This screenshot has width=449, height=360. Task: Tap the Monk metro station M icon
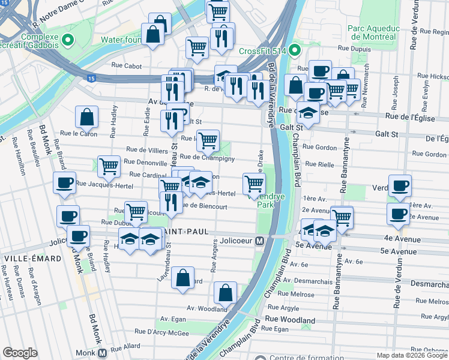102,353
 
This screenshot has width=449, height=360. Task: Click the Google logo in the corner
20,353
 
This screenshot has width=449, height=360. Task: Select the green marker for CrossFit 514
294,50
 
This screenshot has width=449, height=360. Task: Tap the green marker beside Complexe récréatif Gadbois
67,41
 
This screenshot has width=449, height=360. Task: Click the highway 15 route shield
91,78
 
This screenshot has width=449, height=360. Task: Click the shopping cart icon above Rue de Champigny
208,140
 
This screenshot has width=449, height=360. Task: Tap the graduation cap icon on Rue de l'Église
308,113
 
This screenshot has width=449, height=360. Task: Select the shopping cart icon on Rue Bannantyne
342,217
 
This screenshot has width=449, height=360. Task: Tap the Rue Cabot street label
125,67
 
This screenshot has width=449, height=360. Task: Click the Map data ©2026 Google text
411,355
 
